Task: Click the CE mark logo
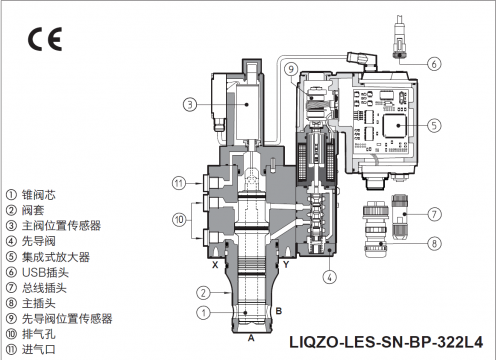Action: (x=45, y=39)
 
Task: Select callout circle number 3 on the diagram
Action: (x=190, y=104)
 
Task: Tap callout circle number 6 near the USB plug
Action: (x=434, y=63)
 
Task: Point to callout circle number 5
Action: (x=434, y=125)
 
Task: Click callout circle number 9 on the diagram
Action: (x=291, y=69)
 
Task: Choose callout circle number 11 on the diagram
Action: (x=179, y=183)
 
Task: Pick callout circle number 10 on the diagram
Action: (x=179, y=220)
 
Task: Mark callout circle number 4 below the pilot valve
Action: (x=330, y=277)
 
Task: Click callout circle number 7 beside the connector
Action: (x=434, y=214)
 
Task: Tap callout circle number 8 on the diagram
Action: (x=434, y=243)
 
